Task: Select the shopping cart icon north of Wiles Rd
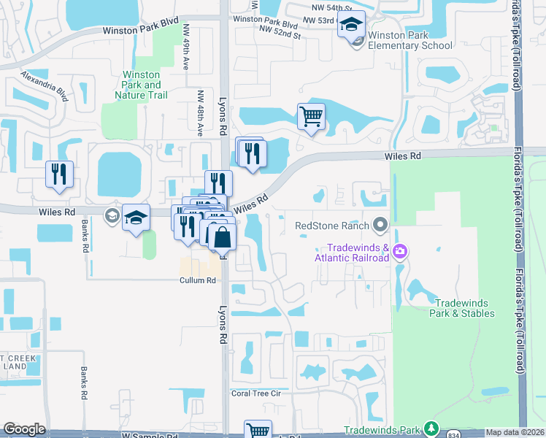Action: click(x=312, y=116)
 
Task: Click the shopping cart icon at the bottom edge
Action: click(x=258, y=430)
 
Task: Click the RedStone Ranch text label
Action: click(x=332, y=226)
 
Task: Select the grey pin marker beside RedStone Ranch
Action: click(x=380, y=224)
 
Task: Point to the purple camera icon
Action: click(x=399, y=253)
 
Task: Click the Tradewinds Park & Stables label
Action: click(x=464, y=308)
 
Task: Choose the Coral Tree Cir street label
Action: click(x=256, y=393)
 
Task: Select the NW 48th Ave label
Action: click(x=200, y=113)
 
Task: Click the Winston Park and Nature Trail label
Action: click(x=142, y=85)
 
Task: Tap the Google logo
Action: click(x=24, y=430)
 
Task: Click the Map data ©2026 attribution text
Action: click(x=514, y=432)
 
